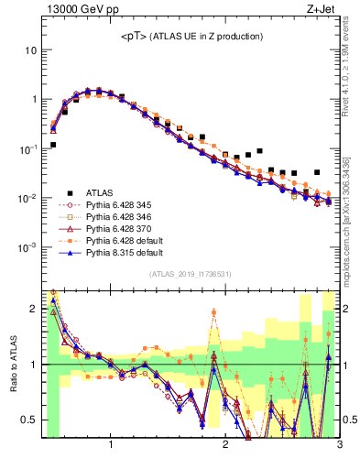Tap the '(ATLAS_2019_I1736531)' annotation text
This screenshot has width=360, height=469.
coord(190,274)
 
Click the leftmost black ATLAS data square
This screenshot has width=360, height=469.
coord(53,145)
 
